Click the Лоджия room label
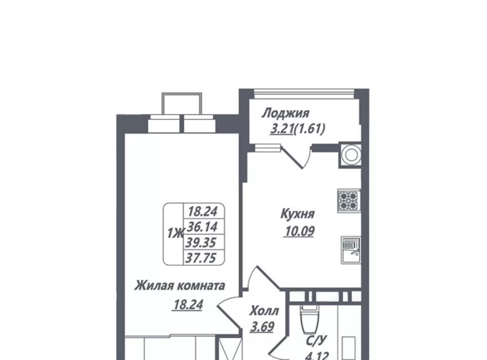tap(286, 113)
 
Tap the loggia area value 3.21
tap(282, 128)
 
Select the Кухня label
tap(298, 214)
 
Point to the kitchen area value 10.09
tap(298, 231)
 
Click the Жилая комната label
tap(180, 285)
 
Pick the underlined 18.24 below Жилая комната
tap(188, 305)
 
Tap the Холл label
tap(264, 311)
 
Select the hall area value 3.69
tap(262, 327)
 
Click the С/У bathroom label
tap(317, 341)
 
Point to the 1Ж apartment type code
tap(176, 233)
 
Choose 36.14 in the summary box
tap(202, 227)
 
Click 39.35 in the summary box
tap(201, 242)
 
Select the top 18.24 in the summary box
tap(202, 211)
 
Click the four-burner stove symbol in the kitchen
tap(349, 200)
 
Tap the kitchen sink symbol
tap(351, 250)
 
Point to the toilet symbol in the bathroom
tap(309, 319)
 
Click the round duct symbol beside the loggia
tap(351, 155)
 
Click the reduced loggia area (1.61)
tap(309, 128)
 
